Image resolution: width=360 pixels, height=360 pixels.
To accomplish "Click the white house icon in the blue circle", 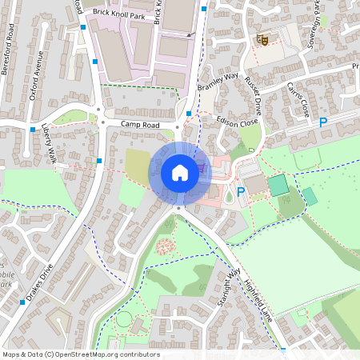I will [x=179, y=172].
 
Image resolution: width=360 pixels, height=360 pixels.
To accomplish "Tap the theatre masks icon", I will [x=262, y=39].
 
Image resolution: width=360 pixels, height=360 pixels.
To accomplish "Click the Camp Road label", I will [x=141, y=125].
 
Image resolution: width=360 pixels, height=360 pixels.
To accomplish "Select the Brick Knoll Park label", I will [x=118, y=14].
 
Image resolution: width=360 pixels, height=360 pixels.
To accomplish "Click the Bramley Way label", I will [x=218, y=82].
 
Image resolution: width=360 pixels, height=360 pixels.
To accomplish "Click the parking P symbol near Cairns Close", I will [x=323, y=123].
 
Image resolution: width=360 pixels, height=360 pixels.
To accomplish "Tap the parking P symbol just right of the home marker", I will [x=241, y=192].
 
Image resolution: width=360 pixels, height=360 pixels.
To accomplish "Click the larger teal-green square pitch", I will [x=278, y=186].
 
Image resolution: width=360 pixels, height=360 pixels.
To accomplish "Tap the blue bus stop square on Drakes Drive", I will [x=22, y=302].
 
